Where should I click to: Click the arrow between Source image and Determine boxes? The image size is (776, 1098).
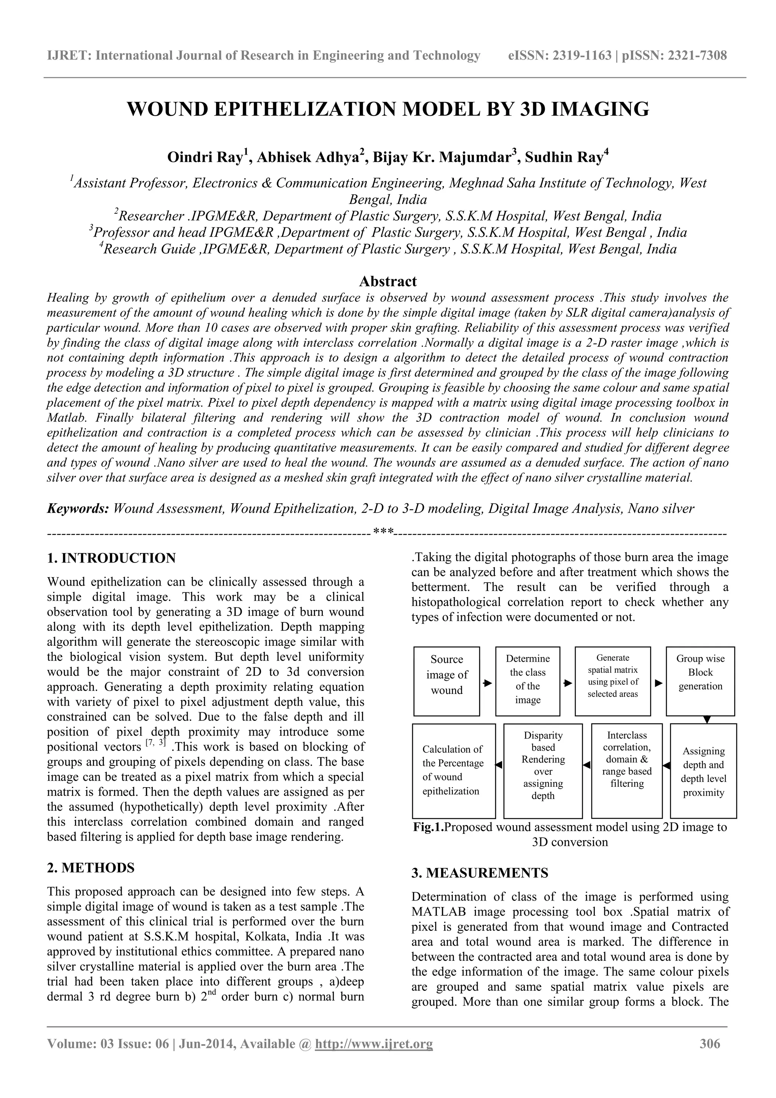(488, 683)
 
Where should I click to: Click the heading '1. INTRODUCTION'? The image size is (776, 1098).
(111, 558)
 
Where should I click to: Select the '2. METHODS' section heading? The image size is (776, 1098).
(91, 868)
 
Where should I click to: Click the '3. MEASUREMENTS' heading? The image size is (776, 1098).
(480, 873)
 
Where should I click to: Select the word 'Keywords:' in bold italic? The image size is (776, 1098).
(78, 508)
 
